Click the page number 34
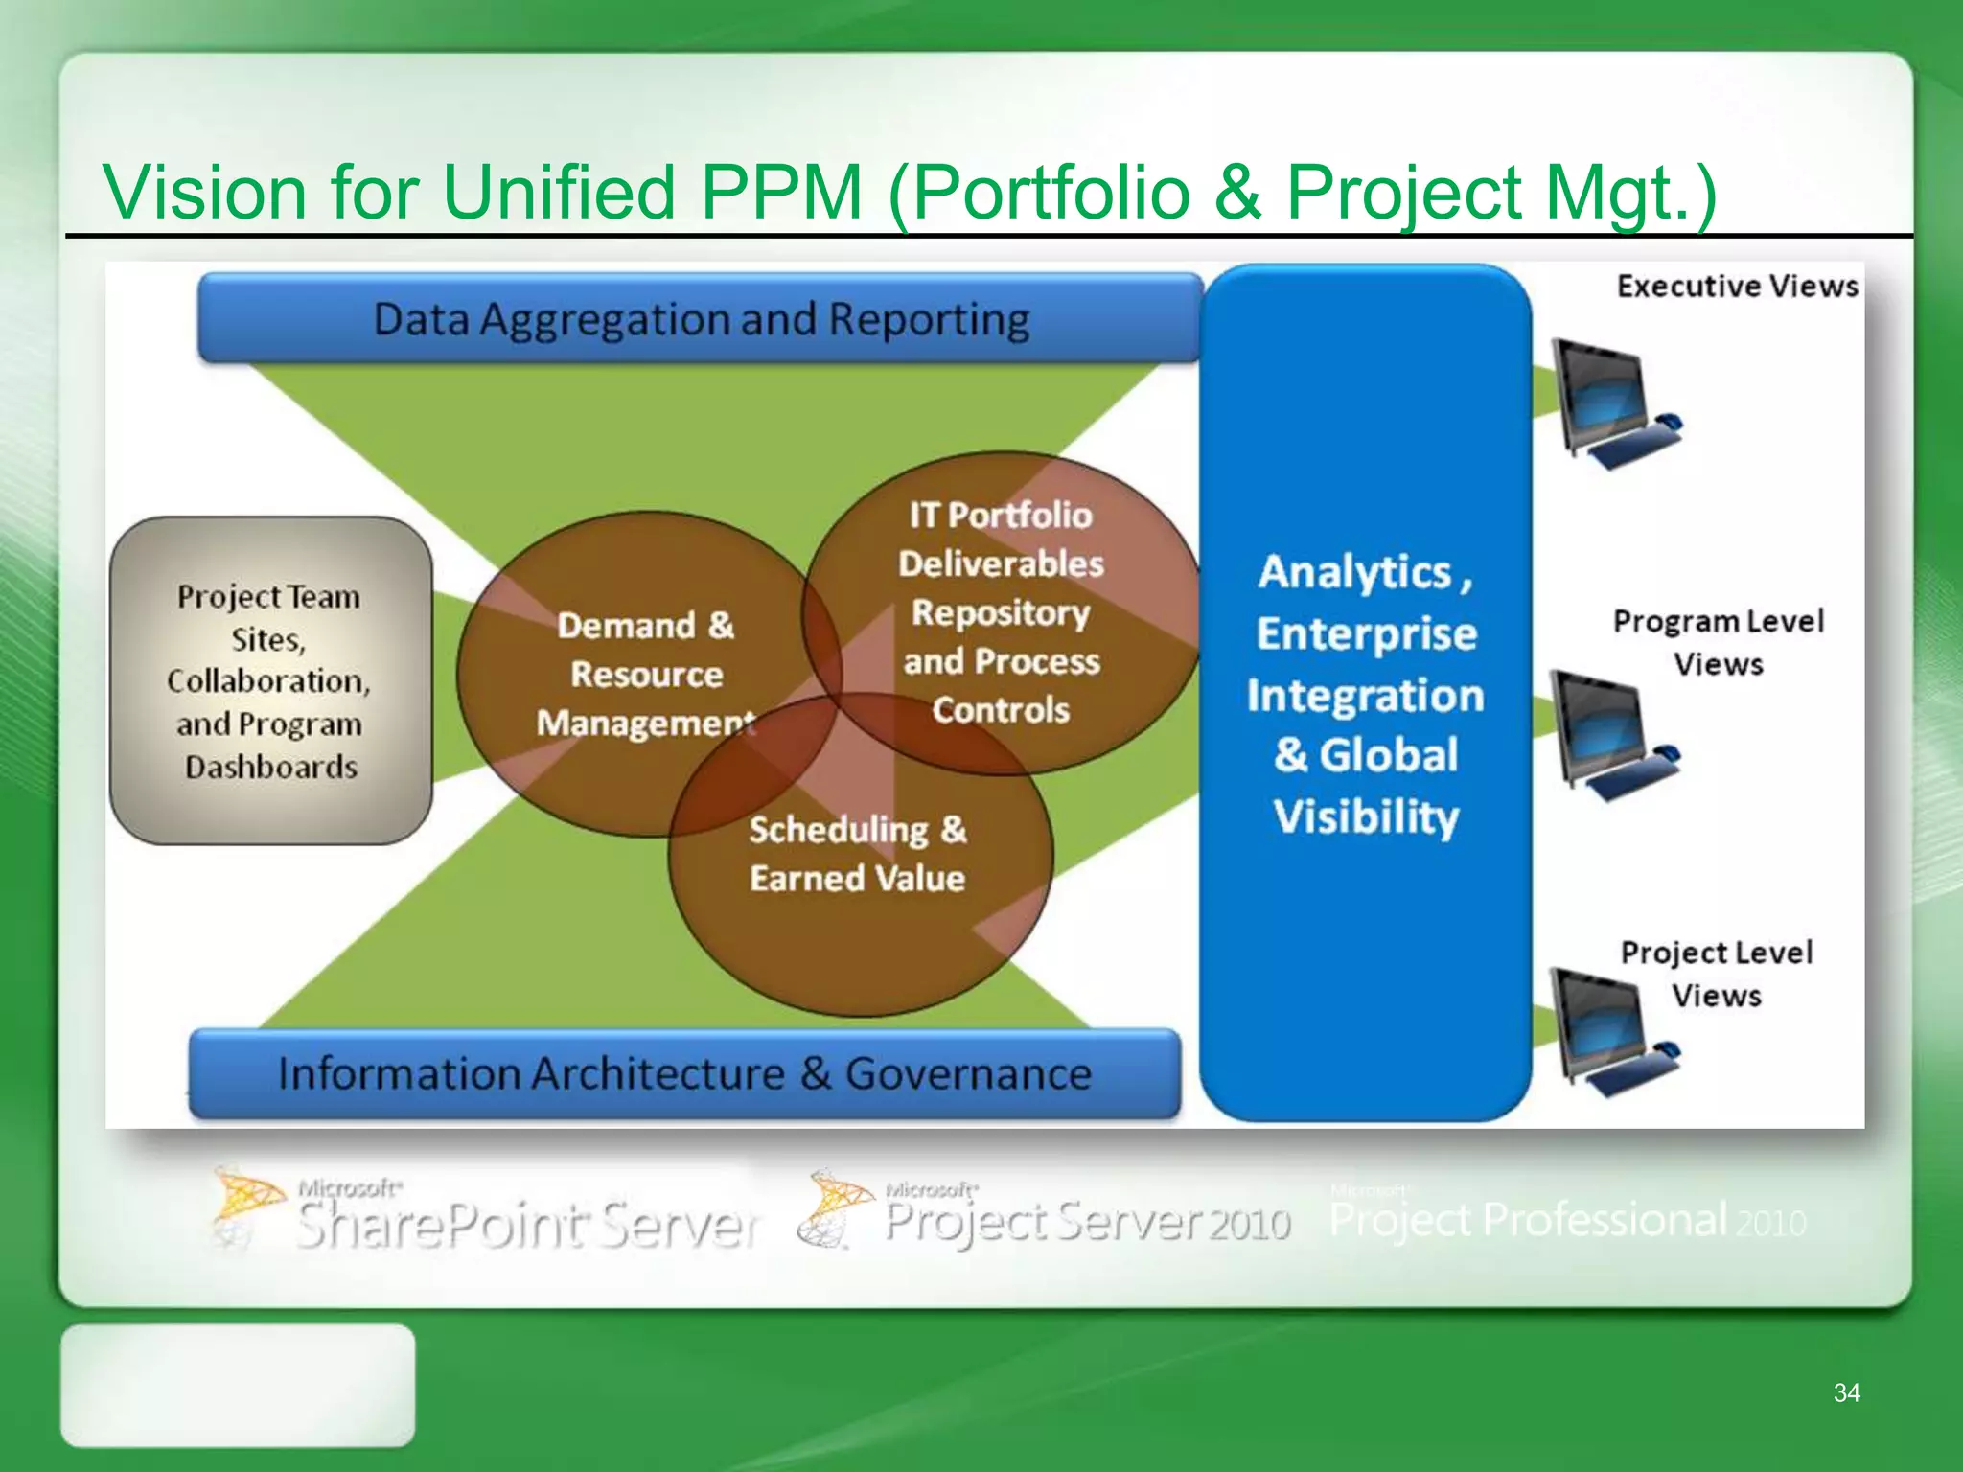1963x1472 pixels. click(1846, 1392)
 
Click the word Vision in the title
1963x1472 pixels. click(203, 192)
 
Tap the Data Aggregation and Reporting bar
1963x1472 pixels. click(701, 319)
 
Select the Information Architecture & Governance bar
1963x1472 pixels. click(684, 1073)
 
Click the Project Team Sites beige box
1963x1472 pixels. click(270, 680)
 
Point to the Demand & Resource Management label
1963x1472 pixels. click(645, 674)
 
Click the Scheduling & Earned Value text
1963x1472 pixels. click(857, 853)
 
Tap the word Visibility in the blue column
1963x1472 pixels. click(1366, 816)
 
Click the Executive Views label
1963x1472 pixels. click(1737, 286)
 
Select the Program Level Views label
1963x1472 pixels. click(1718, 642)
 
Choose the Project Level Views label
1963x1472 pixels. click(1716, 974)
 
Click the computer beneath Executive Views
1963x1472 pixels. click(1612, 403)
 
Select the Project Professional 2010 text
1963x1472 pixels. click(1567, 1220)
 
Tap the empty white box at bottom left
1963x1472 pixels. click(238, 1385)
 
